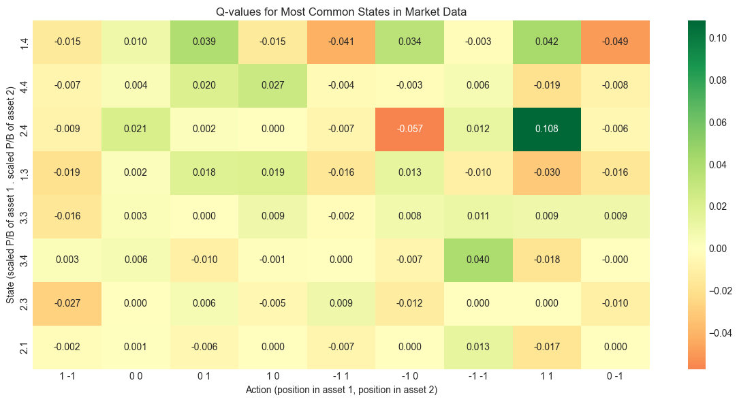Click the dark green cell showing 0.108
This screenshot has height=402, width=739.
click(x=547, y=129)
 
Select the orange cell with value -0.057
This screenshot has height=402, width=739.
click(x=410, y=129)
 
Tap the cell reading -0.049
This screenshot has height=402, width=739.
click(x=616, y=42)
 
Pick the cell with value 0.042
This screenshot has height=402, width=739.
click(x=547, y=42)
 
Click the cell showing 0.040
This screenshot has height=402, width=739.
click(x=479, y=260)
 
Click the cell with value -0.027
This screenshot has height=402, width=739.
click(x=67, y=303)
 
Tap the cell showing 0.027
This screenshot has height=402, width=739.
click(x=272, y=86)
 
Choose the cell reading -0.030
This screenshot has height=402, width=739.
click(x=547, y=173)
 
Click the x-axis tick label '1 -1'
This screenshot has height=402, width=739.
click(x=67, y=379)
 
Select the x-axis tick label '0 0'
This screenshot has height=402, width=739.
click(x=136, y=379)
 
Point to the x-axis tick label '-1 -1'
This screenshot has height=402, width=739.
click(x=479, y=379)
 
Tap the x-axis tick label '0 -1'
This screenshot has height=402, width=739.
click(x=616, y=379)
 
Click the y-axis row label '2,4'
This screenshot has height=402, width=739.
click(x=25, y=129)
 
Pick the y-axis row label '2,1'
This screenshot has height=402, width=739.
click(x=25, y=347)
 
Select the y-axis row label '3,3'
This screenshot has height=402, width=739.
click(x=25, y=217)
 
